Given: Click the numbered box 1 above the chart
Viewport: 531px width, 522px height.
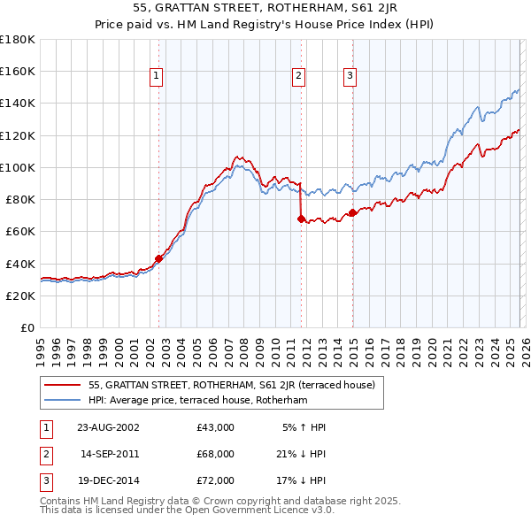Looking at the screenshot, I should (x=156, y=77).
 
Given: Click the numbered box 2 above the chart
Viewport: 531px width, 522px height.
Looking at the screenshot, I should (x=299, y=77).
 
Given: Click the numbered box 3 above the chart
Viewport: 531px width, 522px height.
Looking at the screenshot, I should (x=350, y=77).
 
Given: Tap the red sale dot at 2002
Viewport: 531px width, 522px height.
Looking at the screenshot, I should (x=159, y=259).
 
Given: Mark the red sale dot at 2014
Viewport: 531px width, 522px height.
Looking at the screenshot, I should (x=352, y=212).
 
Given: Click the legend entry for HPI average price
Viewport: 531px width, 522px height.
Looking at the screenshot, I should (x=196, y=400).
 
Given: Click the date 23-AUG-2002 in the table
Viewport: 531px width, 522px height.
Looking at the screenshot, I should (x=109, y=426).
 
